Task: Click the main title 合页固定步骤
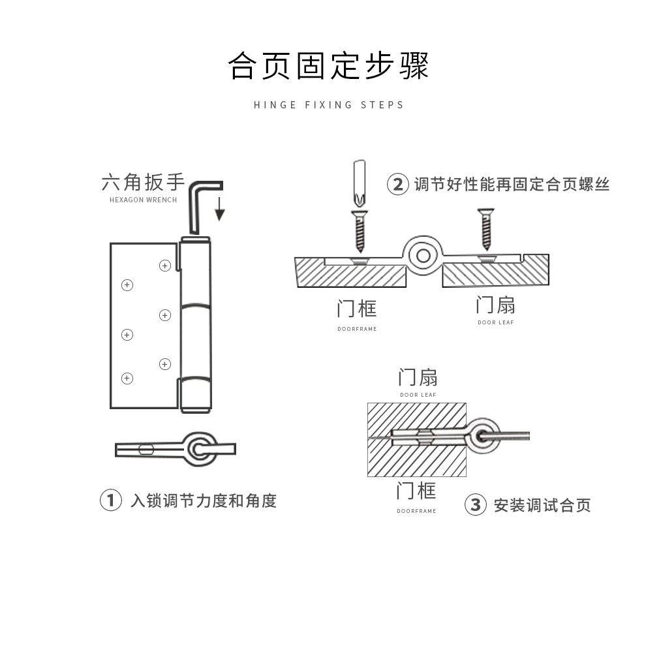pyautogui.click(x=328, y=66)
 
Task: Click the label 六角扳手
pyautogui.click(x=143, y=182)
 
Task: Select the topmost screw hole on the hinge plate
pyautogui.click(x=165, y=265)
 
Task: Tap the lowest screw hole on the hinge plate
pyautogui.click(x=127, y=378)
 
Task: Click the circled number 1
pyautogui.click(x=110, y=501)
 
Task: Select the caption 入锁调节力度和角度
pyautogui.click(x=204, y=501)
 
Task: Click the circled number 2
pyautogui.click(x=397, y=184)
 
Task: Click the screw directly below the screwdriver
pyautogui.click(x=358, y=232)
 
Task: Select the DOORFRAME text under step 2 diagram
pyautogui.click(x=357, y=329)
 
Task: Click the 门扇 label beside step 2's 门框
pyautogui.click(x=495, y=305)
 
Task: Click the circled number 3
pyautogui.click(x=475, y=504)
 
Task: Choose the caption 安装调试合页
pyautogui.click(x=542, y=505)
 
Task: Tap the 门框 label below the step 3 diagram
pyautogui.click(x=416, y=491)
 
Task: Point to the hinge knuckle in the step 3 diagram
pyautogui.click(x=485, y=435)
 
